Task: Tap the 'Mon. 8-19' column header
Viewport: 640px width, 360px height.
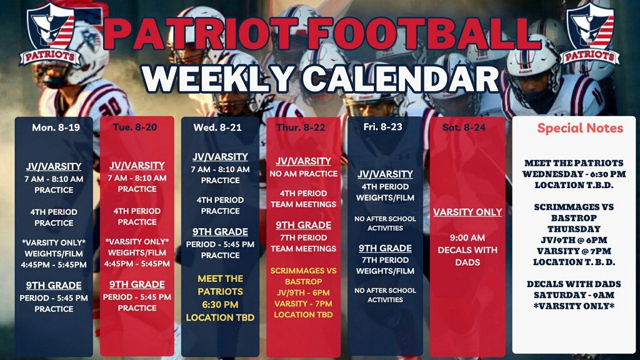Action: pyautogui.click(x=53, y=127)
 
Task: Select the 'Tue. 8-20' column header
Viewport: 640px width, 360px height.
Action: pyautogui.click(x=137, y=127)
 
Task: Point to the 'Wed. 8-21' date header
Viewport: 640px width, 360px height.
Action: pyautogui.click(x=220, y=127)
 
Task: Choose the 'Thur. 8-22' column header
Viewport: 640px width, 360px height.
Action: pyautogui.click(x=304, y=127)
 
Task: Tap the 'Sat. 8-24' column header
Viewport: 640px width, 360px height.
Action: pyautogui.click(x=467, y=127)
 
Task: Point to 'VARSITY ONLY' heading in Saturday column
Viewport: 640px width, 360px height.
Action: pyautogui.click(x=467, y=212)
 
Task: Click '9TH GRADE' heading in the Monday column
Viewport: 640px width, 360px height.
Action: pyautogui.click(x=54, y=286)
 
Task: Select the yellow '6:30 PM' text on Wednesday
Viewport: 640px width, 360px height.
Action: pyautogui.click(x=220, y=305)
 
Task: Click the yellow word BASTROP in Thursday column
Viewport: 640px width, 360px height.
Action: pyautogui.click(x=304, y=281)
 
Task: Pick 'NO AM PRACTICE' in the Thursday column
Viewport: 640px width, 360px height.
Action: pyautogui.click(x=304, y=173)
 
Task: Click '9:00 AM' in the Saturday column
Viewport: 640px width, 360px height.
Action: pyautogui.click(x=467, y=237)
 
